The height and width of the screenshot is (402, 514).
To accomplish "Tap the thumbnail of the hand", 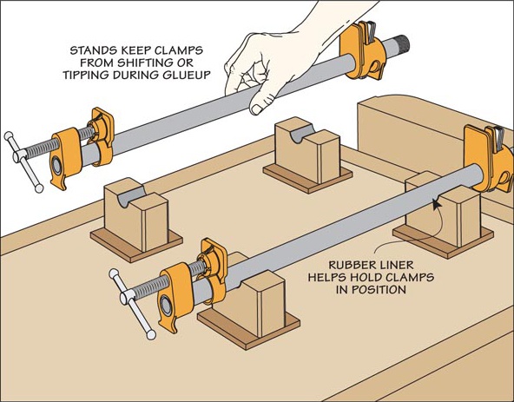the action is pyautogui.click(x=256, y=109).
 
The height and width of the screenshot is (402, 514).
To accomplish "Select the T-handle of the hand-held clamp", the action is pyautogui.click(x=23, y=161).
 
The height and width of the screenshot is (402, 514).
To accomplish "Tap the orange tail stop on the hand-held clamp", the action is pyautogui.click(x=363, y=51).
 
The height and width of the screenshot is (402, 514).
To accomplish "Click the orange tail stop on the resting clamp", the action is pyautogui.click(x=489, y=159).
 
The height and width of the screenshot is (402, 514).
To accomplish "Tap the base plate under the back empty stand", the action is pyautogui.click(x=307, y=179).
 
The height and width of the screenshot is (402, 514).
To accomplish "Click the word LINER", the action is pyautogui.click(x=399, y=265).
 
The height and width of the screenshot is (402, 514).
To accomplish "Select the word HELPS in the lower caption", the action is pyautogui.click(x=327, y=277).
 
